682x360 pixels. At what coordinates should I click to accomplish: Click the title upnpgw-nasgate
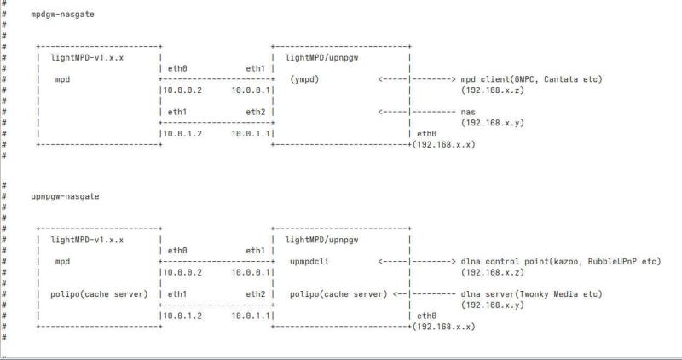(66, 196)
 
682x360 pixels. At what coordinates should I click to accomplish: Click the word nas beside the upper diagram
(468, 112)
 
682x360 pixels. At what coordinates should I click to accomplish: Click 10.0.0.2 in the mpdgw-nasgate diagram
(182, 90)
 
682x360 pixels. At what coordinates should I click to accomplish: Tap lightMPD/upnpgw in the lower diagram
(323, 240)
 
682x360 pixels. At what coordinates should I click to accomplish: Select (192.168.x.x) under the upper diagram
(444, 145)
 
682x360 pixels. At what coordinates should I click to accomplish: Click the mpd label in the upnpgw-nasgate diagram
(62, 261)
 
